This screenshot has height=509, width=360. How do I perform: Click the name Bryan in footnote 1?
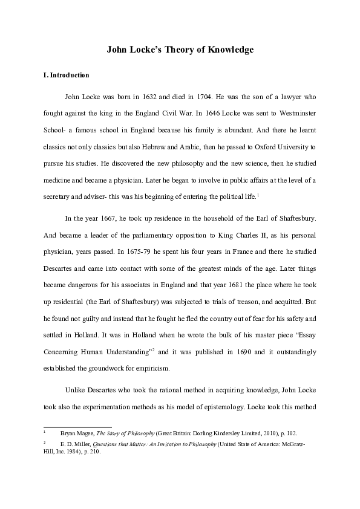[x=68, y=434]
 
